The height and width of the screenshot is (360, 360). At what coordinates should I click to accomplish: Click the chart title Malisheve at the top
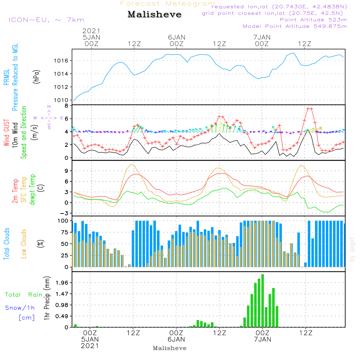pyautogui.click(x=154, y=15)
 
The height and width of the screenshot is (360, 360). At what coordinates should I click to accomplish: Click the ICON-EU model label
pyautogui.click(x=46, y=20)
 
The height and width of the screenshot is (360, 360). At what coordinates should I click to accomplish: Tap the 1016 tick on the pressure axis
pyautogui.click(x=62, y=60)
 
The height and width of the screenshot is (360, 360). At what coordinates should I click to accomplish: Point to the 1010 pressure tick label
pyautogui.click(x=62, y=100)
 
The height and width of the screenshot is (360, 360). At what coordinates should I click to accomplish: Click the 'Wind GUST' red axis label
pyautogui.click(x=7, y=134)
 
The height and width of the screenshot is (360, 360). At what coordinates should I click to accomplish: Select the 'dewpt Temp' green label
pyautogui.click(x=32, y=190)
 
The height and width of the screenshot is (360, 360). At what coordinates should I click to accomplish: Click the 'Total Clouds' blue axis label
pyautogui.click(x=7, y=244)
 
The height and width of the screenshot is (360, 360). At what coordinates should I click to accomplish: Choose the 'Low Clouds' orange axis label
pyautogui.click(x=24, y=244)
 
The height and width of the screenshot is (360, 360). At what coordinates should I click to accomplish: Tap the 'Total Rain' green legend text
pyautogui.click(x=24, y=294)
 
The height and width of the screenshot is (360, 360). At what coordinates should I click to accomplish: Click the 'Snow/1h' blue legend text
pyautogui.click(x=20, y=308)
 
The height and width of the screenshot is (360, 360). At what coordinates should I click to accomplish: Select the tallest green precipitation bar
pyautogui.click(x=262, y=301)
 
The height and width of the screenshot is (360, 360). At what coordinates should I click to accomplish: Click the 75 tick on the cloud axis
pyautogui.click(x=65, y=232)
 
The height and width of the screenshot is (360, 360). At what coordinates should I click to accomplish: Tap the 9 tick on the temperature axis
pyautogui.click(x=67, y=171)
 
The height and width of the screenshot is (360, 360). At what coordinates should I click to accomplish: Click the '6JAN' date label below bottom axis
pyautogui.click(x=176, y=339)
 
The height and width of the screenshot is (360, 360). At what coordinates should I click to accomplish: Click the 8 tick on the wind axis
pyautogui.click(x=67, y=106)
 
